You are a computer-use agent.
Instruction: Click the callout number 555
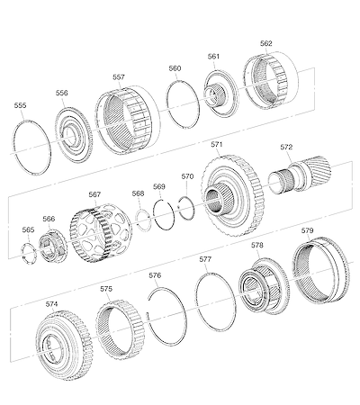coord(20,105)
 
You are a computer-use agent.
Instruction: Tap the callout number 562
coord(266,43)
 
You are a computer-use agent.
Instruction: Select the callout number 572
coord(286,147)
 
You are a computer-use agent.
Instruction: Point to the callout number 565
coord(28,229)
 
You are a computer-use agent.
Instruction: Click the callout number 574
coord(51,304)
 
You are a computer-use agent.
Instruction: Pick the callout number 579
coord(308,230)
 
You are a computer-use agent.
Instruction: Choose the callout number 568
coord(138,193)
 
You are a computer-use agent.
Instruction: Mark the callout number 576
coord(155,275)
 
